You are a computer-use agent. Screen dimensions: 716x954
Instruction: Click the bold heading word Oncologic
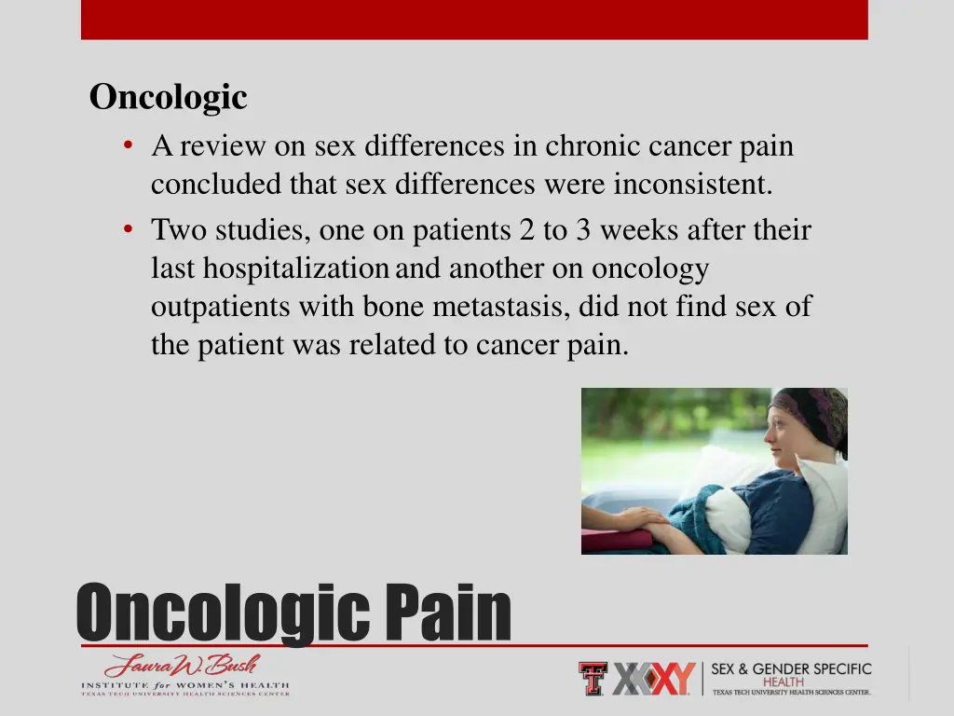pyautogui.click(x=168, y=97)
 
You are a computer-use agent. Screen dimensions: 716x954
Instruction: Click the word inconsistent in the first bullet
pyautogui.click(x=692, y=185)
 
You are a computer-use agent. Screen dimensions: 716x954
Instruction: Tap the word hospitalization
pyautogui.click(x=296, y=268)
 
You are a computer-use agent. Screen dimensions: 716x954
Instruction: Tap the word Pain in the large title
pyautogui.click(x=448, y=613)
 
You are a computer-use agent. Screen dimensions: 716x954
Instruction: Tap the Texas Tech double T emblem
pyautogui.click(x=593, y=678)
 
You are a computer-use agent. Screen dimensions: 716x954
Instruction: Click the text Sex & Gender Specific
pyautogui.click(x=791, y=669)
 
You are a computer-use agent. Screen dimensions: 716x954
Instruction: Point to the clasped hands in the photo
pyautogui.click(x=642, y=522)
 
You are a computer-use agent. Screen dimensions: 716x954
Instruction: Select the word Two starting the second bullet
pyautogui.click(x=177, y=229)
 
